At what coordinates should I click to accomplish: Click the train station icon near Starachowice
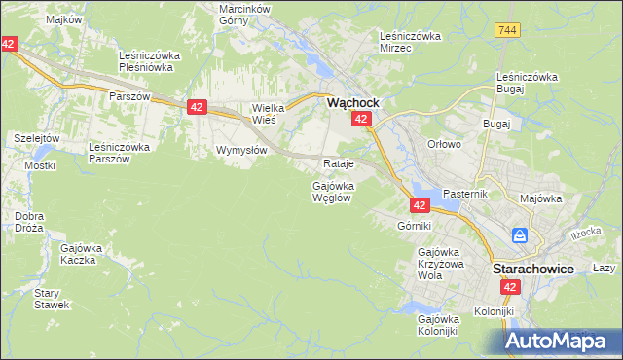coord(521,235)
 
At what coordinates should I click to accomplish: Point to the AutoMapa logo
coord(564,341)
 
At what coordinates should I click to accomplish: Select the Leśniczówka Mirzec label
coord(410,42)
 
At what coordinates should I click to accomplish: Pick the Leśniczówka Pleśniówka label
coord(145,61)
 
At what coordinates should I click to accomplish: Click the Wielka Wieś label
coord(266,114)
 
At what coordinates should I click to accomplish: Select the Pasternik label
coord(463,195)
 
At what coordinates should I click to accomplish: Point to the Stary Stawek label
coord(51,299)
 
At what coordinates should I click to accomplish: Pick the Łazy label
coord(604,268)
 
